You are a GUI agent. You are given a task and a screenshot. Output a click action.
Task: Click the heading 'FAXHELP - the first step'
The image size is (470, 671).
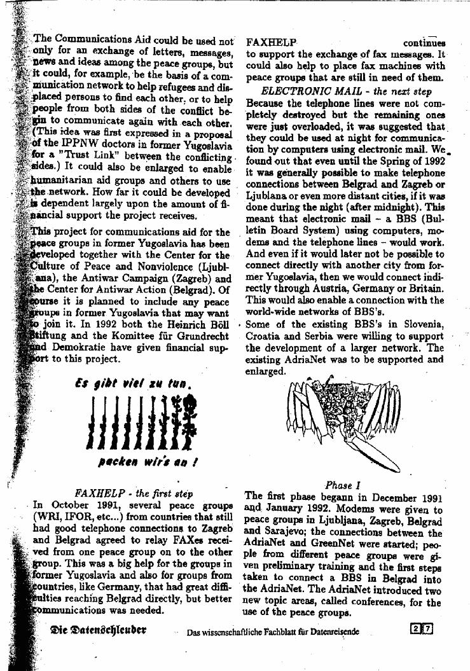[134, 492]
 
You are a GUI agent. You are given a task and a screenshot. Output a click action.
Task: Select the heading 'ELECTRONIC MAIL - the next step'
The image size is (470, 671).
[347, 91]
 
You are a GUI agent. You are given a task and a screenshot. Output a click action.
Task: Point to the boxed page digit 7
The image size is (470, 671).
[427, 630]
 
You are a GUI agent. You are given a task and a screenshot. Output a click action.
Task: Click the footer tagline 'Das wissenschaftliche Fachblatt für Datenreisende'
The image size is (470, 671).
[272, 632]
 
